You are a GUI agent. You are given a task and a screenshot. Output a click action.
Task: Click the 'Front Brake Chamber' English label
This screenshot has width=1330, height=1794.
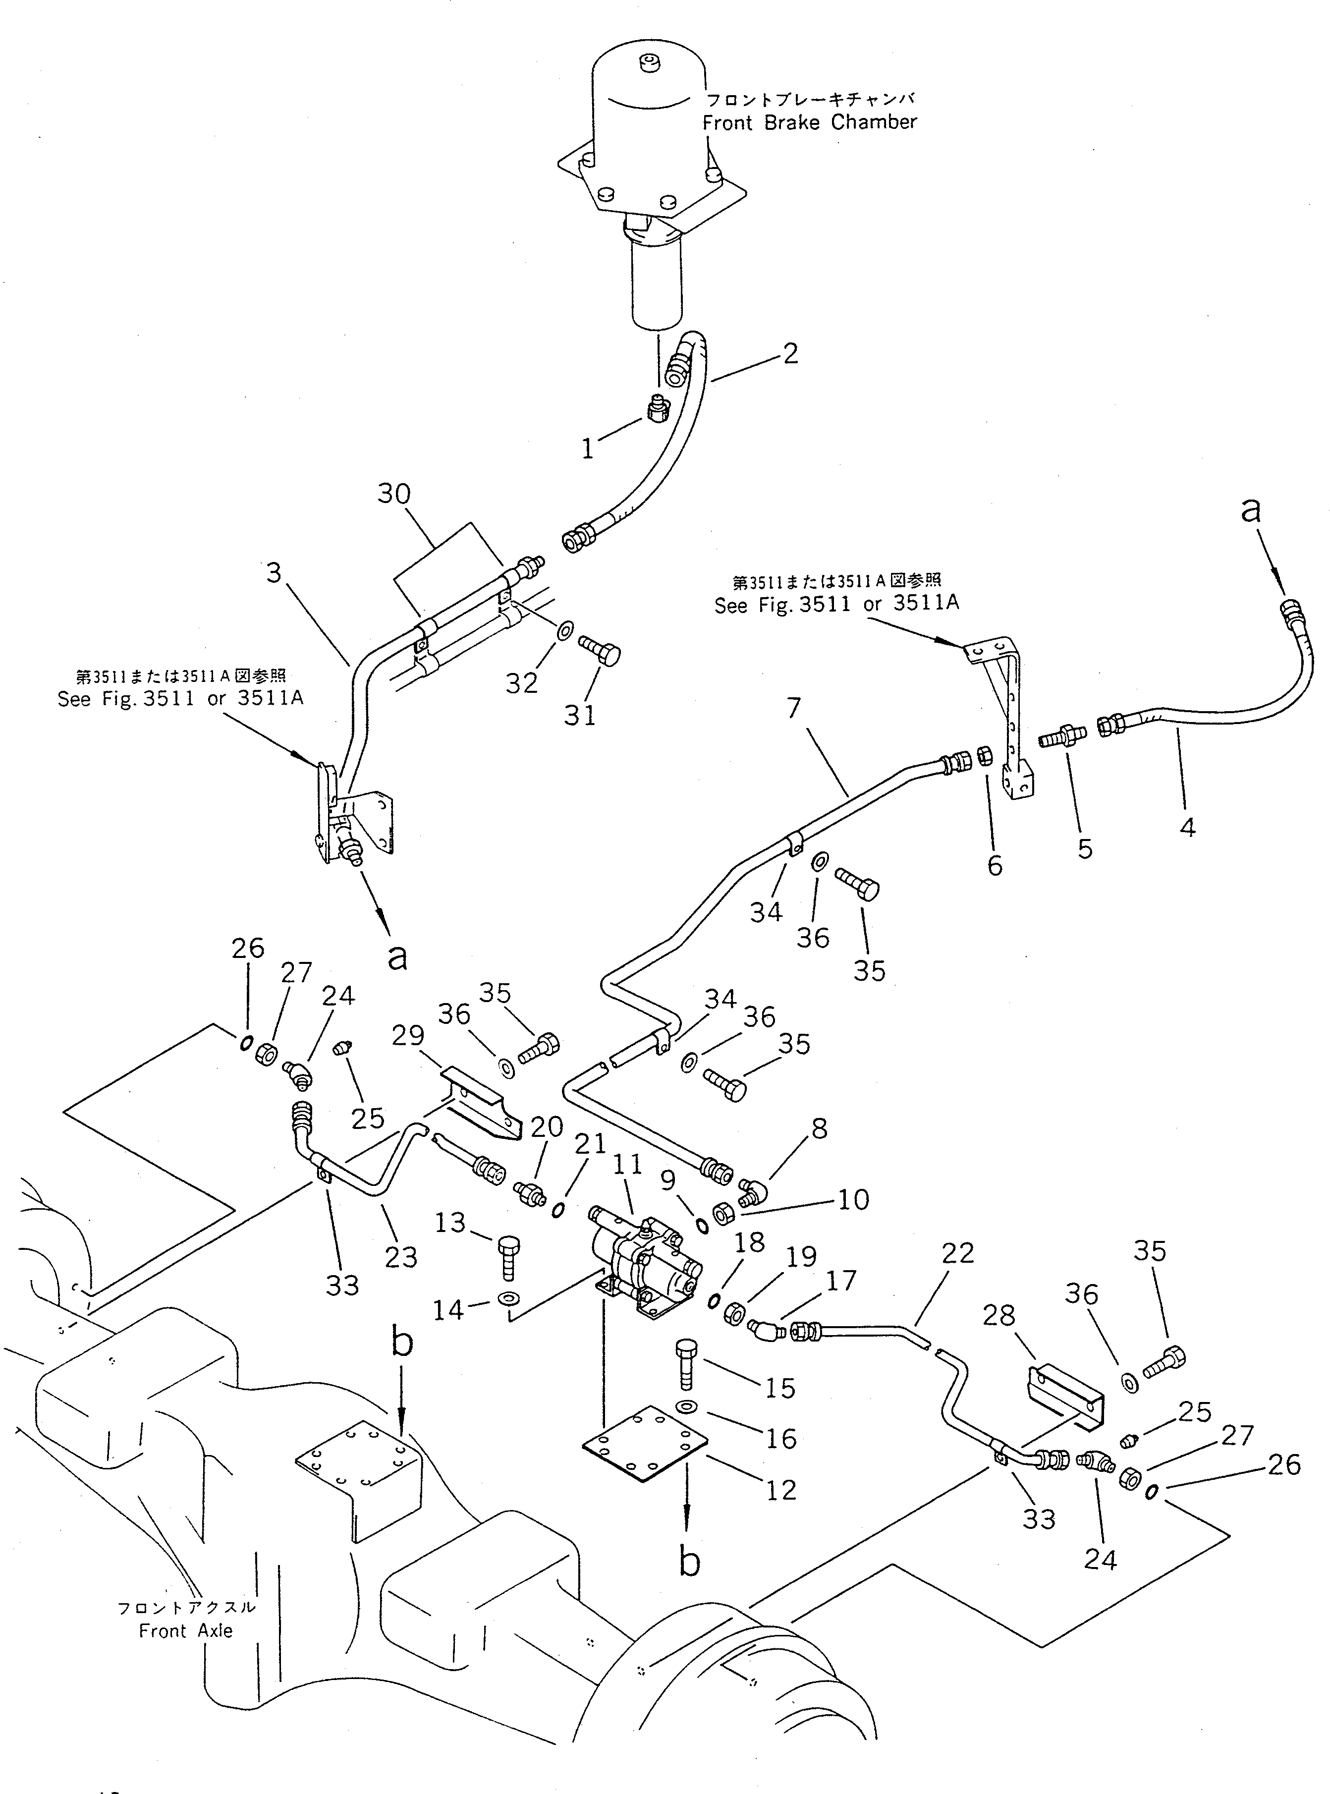coord(809,122)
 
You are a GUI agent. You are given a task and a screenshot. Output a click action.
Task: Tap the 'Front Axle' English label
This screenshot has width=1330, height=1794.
coord(186,1630)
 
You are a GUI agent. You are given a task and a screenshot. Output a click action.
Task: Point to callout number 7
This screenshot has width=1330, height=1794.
coord(794,708)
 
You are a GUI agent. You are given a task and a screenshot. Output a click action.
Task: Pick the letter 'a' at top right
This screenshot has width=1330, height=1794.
coord(1250,509)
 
